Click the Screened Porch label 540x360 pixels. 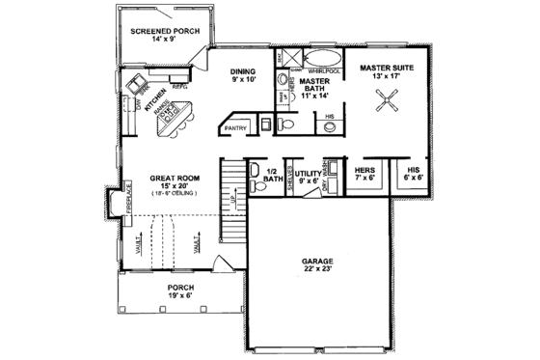165,32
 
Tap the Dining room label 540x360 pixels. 243,72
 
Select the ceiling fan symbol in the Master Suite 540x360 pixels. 390,97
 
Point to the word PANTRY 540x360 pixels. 235,126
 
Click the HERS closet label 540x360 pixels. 364,169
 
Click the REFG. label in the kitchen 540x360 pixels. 179,85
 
